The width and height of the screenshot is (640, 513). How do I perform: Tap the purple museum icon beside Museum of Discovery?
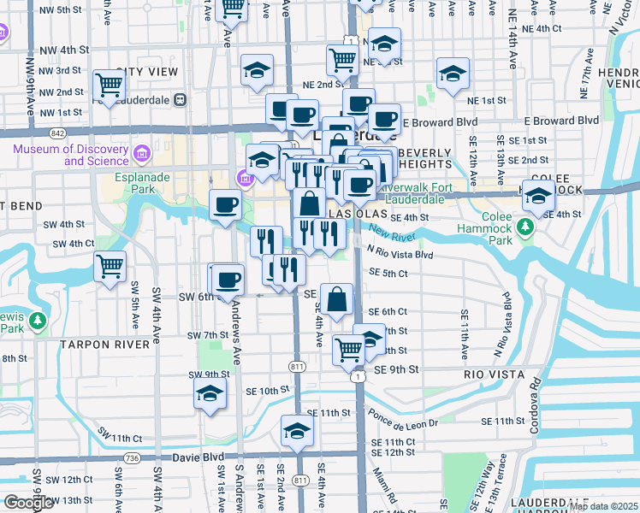(x=142, y=155)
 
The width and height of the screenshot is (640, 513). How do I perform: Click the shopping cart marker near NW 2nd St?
(x=110, y=85)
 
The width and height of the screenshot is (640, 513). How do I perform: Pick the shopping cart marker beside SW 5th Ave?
(x=110, y=267)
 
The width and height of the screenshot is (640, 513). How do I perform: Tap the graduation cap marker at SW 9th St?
(x=208, y=394)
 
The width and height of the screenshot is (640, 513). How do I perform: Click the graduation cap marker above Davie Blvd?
(x=296, y=430)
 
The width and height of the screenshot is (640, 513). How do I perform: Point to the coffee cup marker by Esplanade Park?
(x=226, y=205)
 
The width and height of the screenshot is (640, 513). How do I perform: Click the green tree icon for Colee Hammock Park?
(x=527, y=227)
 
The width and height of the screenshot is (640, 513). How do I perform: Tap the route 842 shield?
(x=57, y=133)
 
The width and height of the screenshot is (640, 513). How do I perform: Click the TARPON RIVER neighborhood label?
(x=104, y=344)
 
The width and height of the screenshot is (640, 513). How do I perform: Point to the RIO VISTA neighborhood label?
(x=493, y=374)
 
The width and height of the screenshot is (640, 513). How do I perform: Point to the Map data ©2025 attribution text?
(x=602, y=506)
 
